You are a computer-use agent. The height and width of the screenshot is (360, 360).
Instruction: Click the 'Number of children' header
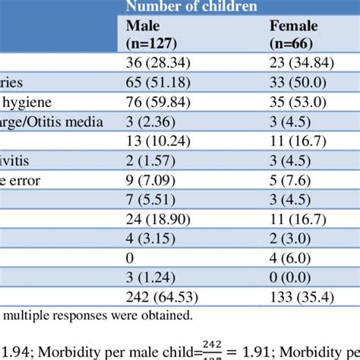point(191,8)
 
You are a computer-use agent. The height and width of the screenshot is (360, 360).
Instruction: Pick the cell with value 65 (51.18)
point(156,82)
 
